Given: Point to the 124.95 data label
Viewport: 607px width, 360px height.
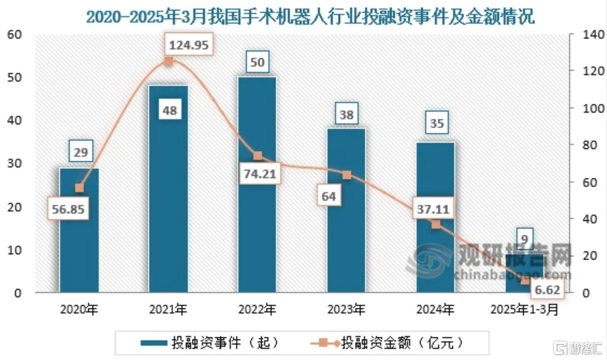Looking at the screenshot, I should pos(190,45).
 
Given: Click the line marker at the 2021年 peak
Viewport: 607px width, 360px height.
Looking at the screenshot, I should pos(168,62).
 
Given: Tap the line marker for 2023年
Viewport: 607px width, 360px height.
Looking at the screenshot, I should pos(346,175).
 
